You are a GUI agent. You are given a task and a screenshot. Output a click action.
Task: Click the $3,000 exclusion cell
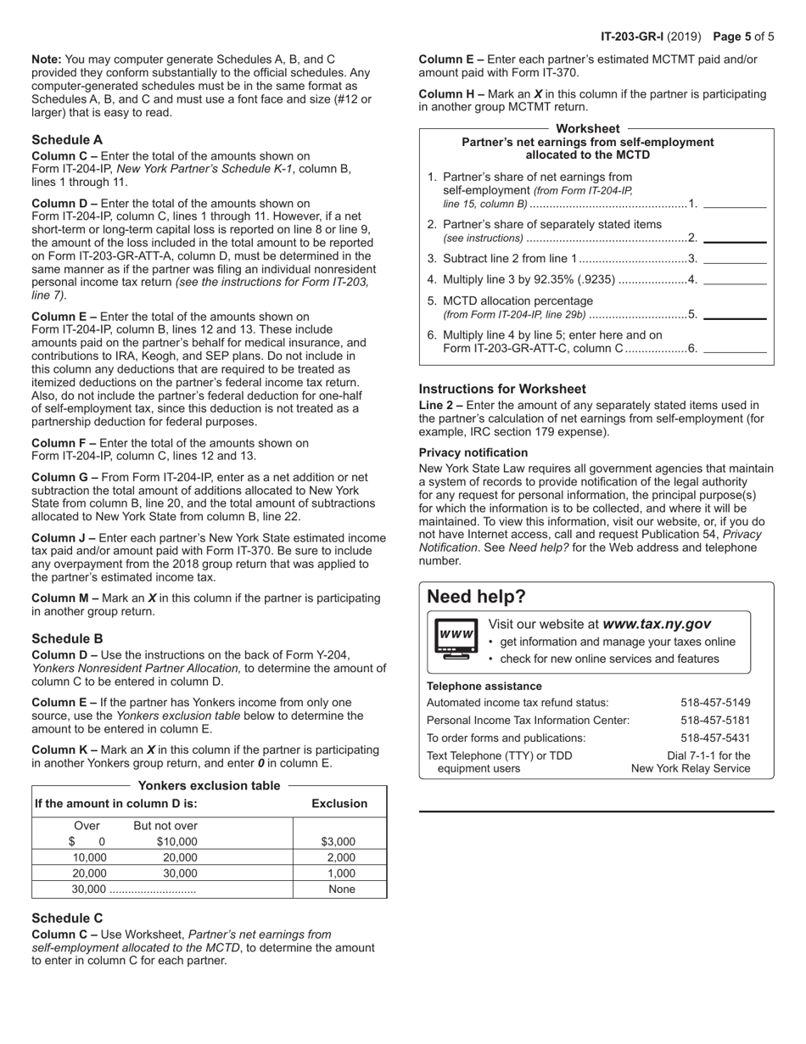click(339, 842)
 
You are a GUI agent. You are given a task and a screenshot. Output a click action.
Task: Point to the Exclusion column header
click(339, 804)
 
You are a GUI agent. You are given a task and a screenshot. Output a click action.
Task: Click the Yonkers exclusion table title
click(209, 786)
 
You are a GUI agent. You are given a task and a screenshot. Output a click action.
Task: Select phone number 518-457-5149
click(715, 703)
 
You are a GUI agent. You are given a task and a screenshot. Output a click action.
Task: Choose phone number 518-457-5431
click(715, 738)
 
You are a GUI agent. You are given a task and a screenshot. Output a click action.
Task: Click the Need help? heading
click(476, 597)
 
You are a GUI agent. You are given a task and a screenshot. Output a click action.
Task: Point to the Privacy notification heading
click(473, 453)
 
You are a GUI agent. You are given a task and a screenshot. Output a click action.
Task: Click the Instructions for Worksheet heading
click(502, 390)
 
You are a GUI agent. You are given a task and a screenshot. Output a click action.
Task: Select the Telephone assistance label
click(484, 686)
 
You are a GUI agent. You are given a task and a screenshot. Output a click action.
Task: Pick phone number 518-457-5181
click(715, 721)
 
